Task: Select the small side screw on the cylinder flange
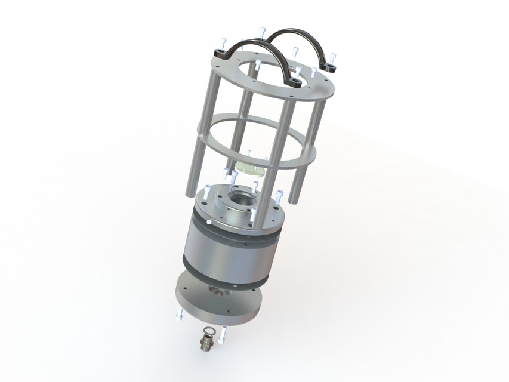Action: [x=209, y=222]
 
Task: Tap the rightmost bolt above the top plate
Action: [x=332, y=57]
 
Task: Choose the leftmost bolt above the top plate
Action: [x=221, y=42]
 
